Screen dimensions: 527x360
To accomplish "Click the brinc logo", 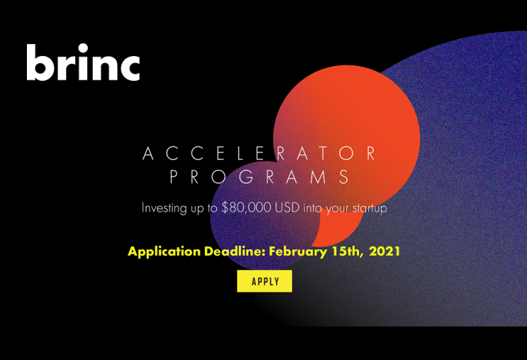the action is [x=83, y=62].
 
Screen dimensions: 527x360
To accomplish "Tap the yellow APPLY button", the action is [x=264, y=281].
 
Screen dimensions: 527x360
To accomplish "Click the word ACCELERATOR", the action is [x=259, y=153].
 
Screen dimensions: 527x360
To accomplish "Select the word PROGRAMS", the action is [x=259, y=176].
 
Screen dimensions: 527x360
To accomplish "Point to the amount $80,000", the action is [x=246, y=208].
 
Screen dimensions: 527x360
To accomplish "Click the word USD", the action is [x=287, y=208].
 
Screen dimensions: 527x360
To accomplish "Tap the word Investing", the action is [x=164, y=208].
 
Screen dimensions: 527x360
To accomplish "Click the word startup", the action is [x=369, y=208].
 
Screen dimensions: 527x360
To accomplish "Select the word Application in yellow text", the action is [x=164, y=252].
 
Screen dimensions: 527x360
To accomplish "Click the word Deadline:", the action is [x=235, y=251].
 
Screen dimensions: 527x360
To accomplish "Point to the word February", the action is [x=297, y=252].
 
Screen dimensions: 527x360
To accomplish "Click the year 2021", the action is [x=385, y=251].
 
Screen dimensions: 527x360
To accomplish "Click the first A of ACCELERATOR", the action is [x=148, y=153].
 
